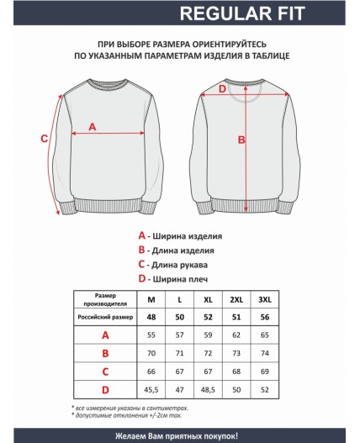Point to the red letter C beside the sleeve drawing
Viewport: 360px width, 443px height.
point(44,140)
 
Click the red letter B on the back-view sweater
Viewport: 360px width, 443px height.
point(241,140)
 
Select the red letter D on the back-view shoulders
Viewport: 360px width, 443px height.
point(222,89)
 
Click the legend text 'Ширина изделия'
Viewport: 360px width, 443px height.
point(192,237)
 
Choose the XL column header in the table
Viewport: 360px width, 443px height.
point(208,300)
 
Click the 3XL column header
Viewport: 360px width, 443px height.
point(266,300)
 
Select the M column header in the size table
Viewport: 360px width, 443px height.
point(151,300)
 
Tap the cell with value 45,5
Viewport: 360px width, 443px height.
point(151,391)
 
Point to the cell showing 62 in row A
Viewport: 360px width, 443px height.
point(236,335)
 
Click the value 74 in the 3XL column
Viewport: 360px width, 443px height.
point(266,354)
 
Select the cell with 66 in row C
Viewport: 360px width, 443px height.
point(151,372)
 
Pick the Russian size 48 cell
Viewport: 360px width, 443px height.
point(151,318)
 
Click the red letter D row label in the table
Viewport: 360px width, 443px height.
point(105,391)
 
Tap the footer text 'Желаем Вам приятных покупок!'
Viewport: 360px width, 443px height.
point(179,435)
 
